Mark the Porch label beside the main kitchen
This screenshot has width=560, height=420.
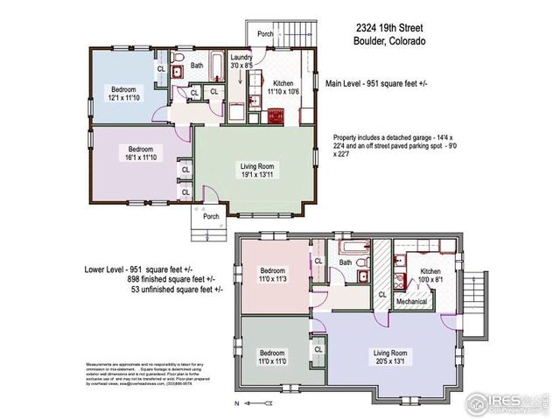[265, 34]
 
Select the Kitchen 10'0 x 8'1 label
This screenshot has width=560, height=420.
[423, 276]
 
